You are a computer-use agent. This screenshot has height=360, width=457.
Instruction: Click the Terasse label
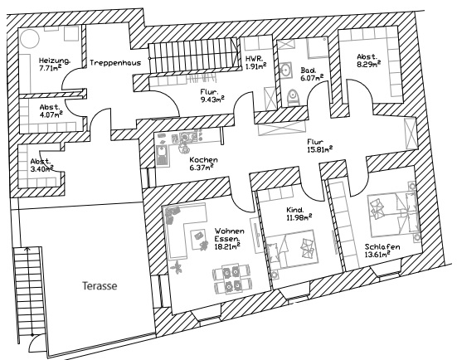[100, 285]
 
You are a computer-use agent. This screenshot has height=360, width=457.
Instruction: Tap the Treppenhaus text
[115, 63]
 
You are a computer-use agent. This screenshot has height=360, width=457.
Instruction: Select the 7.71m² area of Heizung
[50, 68]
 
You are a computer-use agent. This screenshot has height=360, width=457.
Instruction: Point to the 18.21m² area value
[227, 246]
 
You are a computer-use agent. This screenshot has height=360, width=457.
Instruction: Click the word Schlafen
[382, 247]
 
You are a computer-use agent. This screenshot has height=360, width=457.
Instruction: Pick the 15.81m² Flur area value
[319, 150]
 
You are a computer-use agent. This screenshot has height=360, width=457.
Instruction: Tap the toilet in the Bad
[293, 97]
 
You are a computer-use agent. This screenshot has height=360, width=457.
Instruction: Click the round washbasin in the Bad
[286, 70]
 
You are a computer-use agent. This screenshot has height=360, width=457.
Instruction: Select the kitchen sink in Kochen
[162, 155]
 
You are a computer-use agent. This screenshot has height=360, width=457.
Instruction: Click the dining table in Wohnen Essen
[232, 278]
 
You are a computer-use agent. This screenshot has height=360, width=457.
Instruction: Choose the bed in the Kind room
[291, 249]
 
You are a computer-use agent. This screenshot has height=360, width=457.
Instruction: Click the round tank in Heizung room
[29, 38]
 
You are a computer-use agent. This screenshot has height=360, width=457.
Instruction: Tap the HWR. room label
[252, 59]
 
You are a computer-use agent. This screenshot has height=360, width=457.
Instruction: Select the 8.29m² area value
[369, 64]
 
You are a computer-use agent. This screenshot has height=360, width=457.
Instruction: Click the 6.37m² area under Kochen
[202, 168]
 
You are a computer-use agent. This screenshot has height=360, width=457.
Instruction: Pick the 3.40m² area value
[41, 168]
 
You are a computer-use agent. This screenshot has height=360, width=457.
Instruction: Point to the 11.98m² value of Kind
[299, 217]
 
